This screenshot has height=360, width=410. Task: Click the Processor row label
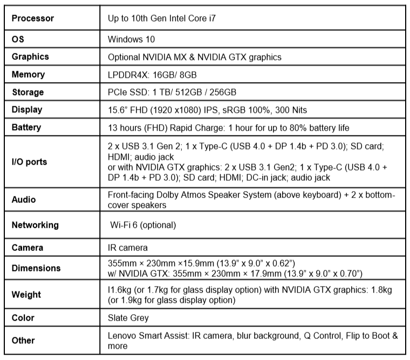click(33, 18)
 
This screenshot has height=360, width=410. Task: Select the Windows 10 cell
click(131, 39)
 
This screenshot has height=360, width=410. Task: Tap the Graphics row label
click(30, 57)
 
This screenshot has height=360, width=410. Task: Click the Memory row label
click(28, 74)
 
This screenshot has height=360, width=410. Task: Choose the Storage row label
click(28, 92)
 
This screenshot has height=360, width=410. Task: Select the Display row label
click(27, 110)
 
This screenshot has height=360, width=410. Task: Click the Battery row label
click(27, 127)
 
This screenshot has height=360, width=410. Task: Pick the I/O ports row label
click(29, 161)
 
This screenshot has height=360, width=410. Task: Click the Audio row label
click(24, 200)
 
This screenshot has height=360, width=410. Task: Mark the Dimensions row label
click(36, 268)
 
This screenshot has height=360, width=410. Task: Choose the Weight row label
click(26, 295)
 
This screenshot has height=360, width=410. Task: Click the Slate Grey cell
click(128, 318)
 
